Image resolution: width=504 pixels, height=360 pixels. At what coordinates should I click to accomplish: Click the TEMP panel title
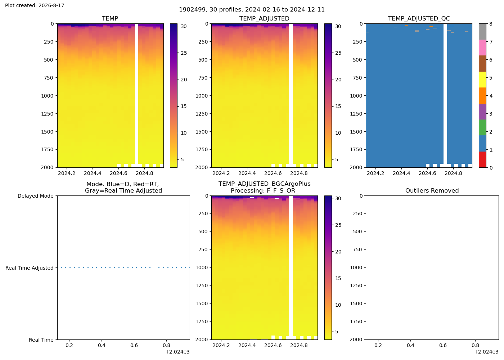coord(110,18)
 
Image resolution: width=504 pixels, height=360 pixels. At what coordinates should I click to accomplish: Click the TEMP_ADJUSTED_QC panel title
coord(419,18)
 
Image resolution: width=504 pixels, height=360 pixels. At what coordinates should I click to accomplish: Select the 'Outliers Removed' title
coord(432,190)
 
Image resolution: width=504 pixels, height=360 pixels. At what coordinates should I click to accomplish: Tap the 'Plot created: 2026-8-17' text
coord(35,5)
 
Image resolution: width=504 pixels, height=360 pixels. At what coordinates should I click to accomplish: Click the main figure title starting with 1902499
coord(252,10)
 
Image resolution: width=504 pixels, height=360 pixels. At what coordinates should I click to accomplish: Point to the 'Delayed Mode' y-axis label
coord(36,196)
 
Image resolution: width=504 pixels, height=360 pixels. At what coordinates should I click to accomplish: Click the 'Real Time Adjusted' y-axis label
coord(30,268)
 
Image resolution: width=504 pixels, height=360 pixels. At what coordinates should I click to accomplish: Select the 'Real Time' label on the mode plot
coord(41,340)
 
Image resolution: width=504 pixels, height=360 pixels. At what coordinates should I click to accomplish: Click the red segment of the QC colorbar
coord(482,159)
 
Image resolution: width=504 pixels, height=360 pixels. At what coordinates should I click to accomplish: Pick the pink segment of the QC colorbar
coord(482,48)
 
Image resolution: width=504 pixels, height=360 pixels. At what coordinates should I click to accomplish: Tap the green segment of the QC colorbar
coord(482,127)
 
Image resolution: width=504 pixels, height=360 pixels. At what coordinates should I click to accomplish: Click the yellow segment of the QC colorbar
coord(482,80)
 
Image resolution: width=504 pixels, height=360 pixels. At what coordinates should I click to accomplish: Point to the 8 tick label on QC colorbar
coord(491,24)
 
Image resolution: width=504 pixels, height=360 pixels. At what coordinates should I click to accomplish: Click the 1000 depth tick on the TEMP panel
coord(48,96)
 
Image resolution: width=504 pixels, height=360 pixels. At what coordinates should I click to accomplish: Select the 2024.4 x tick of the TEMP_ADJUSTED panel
coord(247,173)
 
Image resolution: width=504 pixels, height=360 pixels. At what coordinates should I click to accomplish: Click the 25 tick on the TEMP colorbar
coord(184,53)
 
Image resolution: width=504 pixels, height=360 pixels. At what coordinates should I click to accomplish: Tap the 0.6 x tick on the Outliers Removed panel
coord(443,345)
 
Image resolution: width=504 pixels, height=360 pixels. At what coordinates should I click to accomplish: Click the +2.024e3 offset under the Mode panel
coord(177,352)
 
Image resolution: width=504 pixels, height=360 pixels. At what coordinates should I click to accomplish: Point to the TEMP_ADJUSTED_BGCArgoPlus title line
coord(264,184)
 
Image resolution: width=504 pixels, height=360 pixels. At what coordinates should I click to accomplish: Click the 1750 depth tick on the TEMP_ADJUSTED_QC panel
coord(356,150)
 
